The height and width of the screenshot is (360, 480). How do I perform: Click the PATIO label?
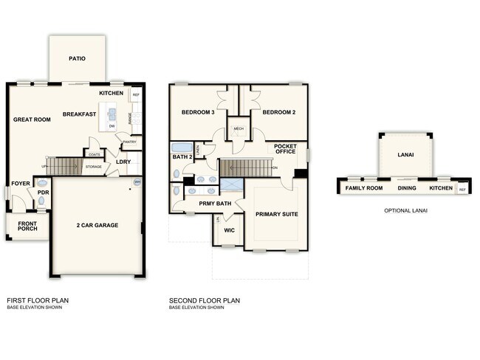[77, 58]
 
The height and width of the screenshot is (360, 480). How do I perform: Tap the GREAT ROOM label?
[32, 119]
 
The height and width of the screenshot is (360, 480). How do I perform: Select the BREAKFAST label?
[80, 114]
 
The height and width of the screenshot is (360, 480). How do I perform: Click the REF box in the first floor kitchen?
[136, 95]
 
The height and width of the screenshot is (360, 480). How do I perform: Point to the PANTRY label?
[130, 142]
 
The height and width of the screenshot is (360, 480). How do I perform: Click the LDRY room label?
[123, 162]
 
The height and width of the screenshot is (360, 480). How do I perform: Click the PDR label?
[43, 193]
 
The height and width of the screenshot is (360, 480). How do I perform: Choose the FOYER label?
[20, 184]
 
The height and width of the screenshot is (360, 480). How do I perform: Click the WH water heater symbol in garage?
[137, 182]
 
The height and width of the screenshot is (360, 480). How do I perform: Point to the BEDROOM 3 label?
[198, 112]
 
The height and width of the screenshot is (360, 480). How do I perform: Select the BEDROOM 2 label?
[278, 112]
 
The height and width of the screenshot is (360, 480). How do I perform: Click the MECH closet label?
[238, 129]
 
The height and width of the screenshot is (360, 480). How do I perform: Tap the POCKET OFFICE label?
[285, 149]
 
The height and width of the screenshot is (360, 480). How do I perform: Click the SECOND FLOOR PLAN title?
[204, 300]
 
